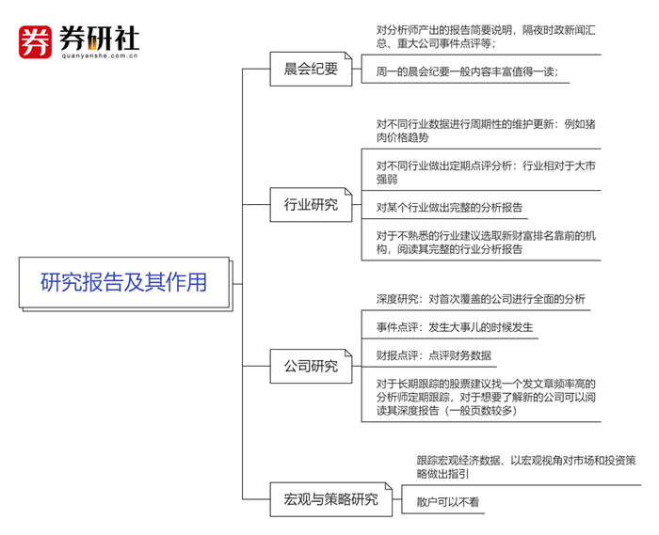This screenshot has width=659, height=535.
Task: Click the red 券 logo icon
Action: click(x=35, y=41)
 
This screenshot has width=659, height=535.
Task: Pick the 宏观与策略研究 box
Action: click(x=324, y=498)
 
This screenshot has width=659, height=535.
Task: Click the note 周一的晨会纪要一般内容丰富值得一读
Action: click(x=467, y=71)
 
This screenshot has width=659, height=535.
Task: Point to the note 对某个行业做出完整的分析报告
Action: click(x=449, y=207)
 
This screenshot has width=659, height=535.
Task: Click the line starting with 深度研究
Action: click(x=480, y=299)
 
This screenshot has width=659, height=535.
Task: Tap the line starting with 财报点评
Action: click(x=433, y=355)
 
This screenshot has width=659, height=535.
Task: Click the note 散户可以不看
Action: click(x=448, y=502)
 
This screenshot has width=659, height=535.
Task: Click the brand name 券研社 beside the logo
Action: click(x=98, y=38)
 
